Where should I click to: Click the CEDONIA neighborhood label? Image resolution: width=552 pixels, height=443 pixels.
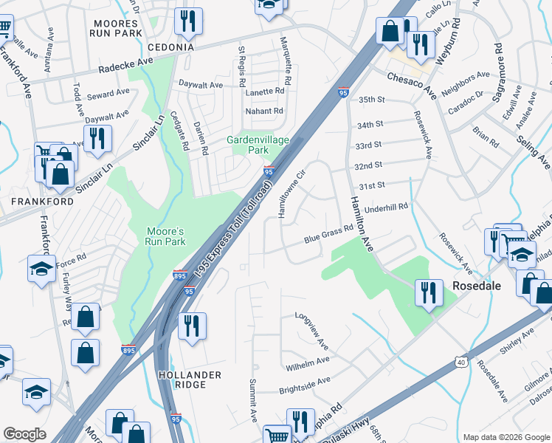tap(160, 47)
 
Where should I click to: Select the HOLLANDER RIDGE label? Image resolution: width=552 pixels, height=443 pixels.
tap(190, 380)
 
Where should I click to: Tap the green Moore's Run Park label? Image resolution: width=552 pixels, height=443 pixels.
tap(164, 236)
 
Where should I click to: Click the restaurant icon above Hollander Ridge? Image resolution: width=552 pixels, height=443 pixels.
tap(192, 326)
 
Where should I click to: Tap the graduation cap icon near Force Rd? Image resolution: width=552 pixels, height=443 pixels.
tap(41, 268)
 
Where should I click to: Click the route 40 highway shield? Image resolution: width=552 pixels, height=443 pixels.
tap(461, 362)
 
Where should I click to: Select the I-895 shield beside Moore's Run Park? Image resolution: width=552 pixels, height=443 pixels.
tap(179, 275)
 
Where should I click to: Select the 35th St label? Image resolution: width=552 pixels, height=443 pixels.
tap(372, 99)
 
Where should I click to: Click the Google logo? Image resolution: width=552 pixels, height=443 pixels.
tap(24, 434)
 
